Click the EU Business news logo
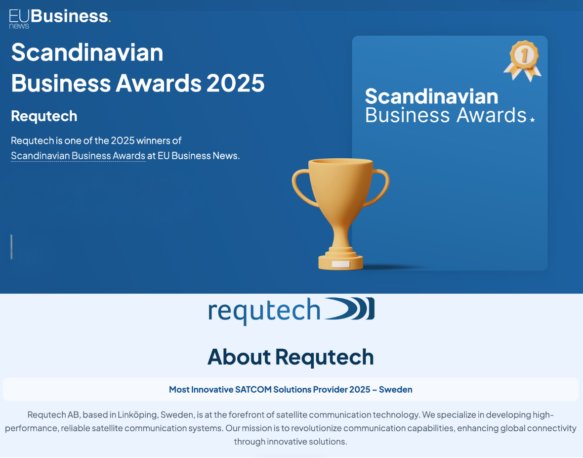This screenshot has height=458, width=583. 60,19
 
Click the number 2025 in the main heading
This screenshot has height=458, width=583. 235,83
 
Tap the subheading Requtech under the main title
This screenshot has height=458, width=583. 44,116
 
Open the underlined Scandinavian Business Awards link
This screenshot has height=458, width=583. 78,156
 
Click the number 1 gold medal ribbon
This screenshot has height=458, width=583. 523,60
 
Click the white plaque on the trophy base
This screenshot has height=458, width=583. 340,264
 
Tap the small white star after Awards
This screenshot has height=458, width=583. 532,120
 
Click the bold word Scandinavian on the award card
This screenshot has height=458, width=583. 431,96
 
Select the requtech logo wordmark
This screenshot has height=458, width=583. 264,311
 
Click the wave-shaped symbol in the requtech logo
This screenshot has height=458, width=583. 349,309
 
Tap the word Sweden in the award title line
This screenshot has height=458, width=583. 396,389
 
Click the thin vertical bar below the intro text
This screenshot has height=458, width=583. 11,246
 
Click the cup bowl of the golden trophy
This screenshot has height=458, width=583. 340,186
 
